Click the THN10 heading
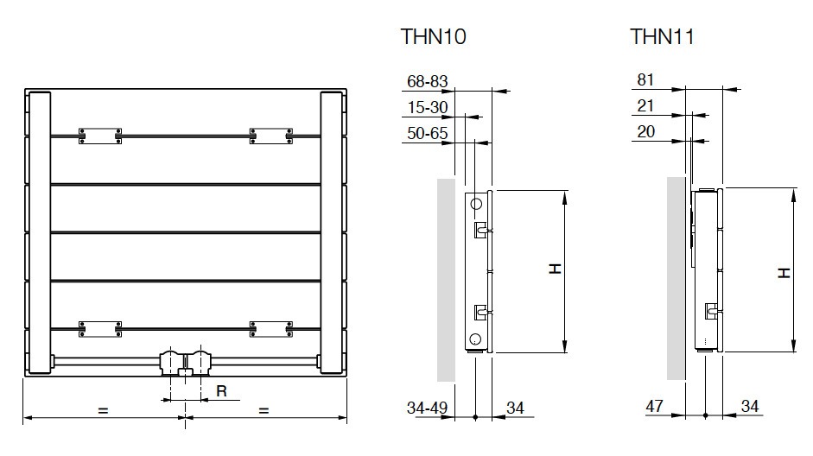coord(434,36)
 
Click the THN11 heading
coord(663,36)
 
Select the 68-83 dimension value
coord(427,81)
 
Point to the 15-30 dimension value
coord(427,107)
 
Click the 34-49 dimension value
coord(427,407)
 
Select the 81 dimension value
coord(645,80)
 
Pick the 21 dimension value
coord(645,106)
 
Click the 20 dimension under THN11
coord(645,132)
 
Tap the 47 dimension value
coord(656,407)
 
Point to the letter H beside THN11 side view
coord(784,272)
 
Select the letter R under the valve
coord(221,391)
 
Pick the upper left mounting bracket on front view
coord(100,135)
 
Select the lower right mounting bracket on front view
coord(270,328)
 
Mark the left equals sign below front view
coord(102,411)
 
